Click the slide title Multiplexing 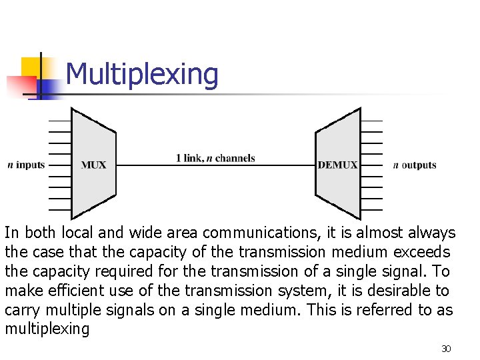click(142, 75)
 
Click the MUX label click(93, 165)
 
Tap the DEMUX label click(337, 165)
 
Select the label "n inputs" click(26, 165)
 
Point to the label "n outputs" click(415, 165)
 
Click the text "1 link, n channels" click(215, 158)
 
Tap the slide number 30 click(446, 349)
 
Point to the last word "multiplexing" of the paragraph click(47, 329)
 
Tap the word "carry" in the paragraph click(22, 311)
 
